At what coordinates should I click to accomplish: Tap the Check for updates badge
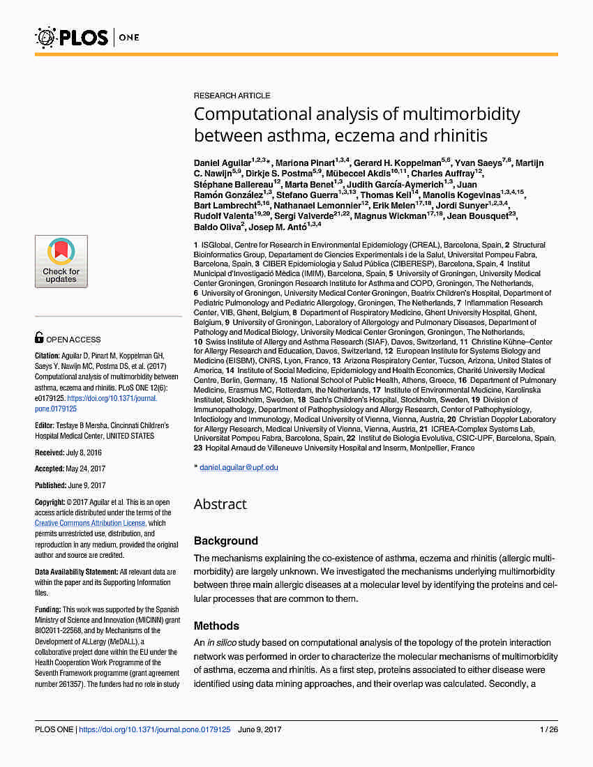click(x=61, y=261)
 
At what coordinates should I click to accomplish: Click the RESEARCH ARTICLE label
click(x=232, y=96)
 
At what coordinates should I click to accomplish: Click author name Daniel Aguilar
click(x=223, y=162)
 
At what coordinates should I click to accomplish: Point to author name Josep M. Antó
click(x=278, y=226)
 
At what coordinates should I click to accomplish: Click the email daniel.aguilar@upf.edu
click(x=239, y=467)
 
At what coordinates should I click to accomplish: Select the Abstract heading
click(x=220, y=504)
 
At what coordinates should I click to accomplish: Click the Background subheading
click(x=226, y=541)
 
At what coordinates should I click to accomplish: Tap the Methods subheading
click(x=216, y=626)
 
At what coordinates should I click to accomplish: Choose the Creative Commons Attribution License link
click(x=90, y=523)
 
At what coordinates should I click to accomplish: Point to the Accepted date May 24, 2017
click(x=85, y=469)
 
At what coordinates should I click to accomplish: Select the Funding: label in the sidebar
click(x=47, y=609)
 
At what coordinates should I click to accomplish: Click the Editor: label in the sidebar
click(x=45, y=425)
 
